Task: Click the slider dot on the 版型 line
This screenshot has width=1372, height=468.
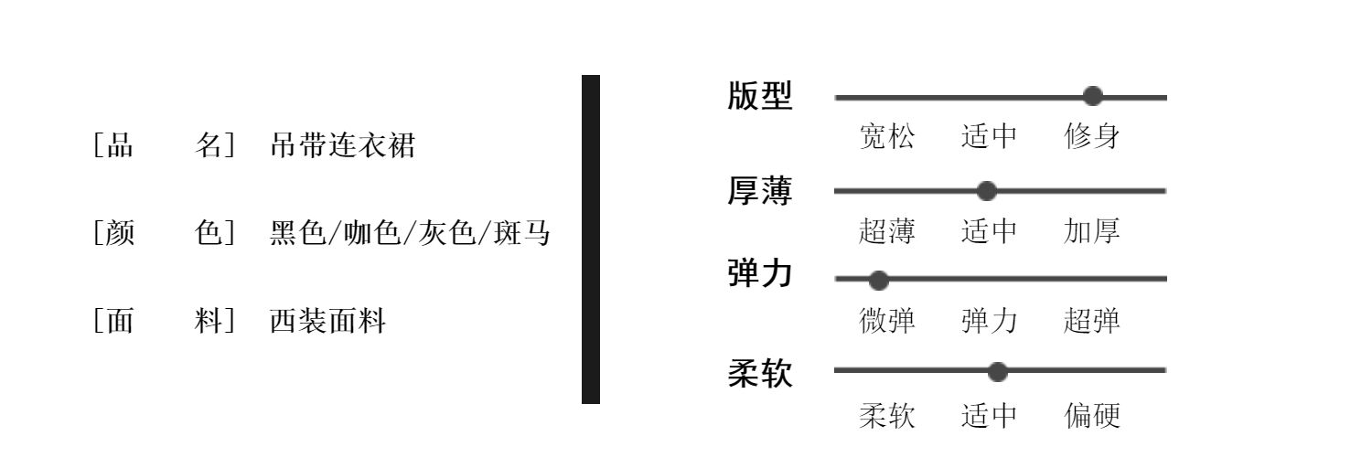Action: [x=1092, y=96]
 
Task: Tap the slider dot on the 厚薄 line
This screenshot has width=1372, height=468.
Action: [x=986, y=191]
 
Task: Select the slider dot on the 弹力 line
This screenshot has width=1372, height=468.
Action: [x=878, y=278]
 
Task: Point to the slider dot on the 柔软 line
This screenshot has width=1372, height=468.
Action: [x=998, y=371]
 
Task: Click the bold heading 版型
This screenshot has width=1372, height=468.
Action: [x=760, y=96]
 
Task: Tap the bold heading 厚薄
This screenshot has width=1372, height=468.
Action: [x=760, y=191]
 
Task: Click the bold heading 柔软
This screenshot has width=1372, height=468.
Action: [x=760, y=374]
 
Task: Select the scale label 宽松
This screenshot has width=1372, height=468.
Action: [x=886, y=138]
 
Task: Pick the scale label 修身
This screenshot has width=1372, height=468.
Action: [x=1092, y=138]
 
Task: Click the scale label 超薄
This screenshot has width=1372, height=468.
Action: [x=886, y=232]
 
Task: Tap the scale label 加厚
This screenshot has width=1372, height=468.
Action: [x=1092, y=232]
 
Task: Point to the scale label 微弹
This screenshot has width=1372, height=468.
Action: [x=886, y=322]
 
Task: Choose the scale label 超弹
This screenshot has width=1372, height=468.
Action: [x=1092, y=322]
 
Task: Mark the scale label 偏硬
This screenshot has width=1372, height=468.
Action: [x=1092, y=417]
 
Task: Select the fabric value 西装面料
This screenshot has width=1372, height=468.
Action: [x=328, y=322]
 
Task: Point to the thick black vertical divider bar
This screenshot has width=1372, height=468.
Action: [x=591, y=239]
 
